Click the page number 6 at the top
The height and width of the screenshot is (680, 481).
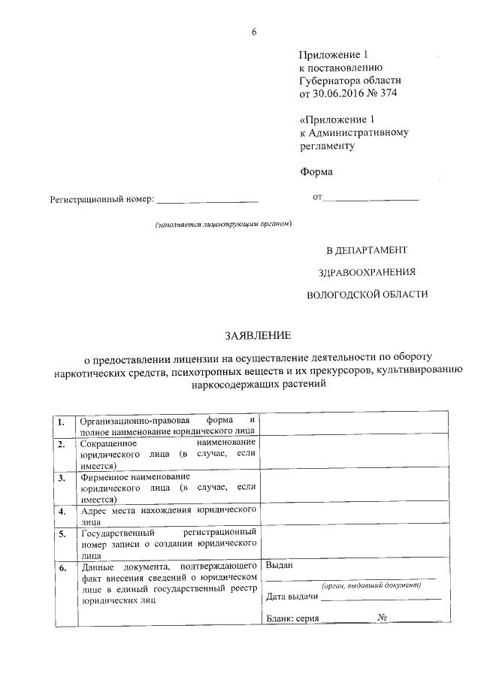(254, 31)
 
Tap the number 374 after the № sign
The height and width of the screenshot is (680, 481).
(389, 94)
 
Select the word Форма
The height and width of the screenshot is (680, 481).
(316, 171)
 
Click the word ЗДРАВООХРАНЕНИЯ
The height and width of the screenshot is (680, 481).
(362, 272)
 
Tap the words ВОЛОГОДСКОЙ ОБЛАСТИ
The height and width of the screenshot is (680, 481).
(368, 295)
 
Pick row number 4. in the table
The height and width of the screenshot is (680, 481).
(62, 512)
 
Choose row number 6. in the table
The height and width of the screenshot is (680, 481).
(62, 568)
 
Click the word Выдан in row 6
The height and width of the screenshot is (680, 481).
(280, 565)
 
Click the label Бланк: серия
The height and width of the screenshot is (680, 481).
(293, 620)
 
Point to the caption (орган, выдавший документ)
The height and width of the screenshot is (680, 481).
(369, 585)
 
